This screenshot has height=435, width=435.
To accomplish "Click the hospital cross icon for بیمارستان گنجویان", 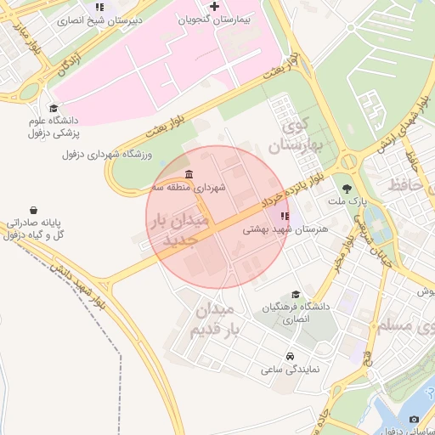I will pos(215,7).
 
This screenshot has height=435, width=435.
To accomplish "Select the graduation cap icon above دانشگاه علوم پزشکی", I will pos(54,108).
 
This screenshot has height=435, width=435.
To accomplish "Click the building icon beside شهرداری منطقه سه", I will pos(188,175).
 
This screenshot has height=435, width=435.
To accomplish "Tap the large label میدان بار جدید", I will pos(180,230).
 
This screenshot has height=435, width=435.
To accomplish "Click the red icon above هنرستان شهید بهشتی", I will pos(284,217).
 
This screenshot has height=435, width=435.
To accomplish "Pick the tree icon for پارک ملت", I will pos(347,189).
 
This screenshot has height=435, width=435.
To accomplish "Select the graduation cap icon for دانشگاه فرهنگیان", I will pos(296,294).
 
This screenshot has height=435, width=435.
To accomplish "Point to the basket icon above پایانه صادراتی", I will pos(32,210).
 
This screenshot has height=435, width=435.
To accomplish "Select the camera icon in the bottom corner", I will pos(414,419).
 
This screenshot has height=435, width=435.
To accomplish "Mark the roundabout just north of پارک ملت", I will pos(347,161).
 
